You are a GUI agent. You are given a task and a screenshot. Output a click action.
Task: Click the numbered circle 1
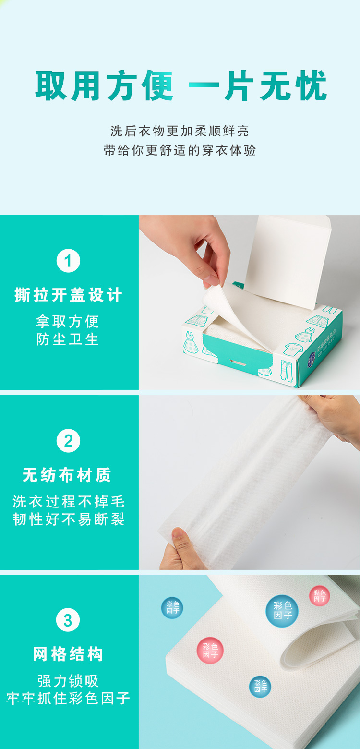tap(68, 261)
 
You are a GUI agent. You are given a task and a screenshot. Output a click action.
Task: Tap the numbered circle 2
tap(68, 441)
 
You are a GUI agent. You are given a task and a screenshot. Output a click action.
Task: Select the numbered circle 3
tap(68, 620)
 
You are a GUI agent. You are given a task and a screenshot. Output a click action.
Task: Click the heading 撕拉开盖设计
tap(68, 295)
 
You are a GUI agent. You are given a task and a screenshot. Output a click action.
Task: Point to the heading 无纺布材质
tap(67, 475)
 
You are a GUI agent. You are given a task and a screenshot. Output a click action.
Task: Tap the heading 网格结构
tap(68, 654)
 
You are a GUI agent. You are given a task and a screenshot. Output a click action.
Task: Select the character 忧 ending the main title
tap(311, 85)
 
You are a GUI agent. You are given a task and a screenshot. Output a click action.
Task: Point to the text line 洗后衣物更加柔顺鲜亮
tap(180, 131)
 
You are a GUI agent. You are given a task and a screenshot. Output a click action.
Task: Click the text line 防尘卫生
tap(68, 339)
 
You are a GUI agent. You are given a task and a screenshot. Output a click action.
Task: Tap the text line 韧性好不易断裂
tap(69, 519)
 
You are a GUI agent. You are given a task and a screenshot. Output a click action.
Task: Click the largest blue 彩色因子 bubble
tap(282, 611)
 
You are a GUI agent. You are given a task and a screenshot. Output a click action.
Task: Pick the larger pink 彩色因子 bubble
tap(210, 651)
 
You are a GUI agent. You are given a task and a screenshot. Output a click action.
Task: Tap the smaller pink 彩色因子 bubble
tap(319, 596)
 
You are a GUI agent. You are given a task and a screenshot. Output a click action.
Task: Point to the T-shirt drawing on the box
tap(293, 349)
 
